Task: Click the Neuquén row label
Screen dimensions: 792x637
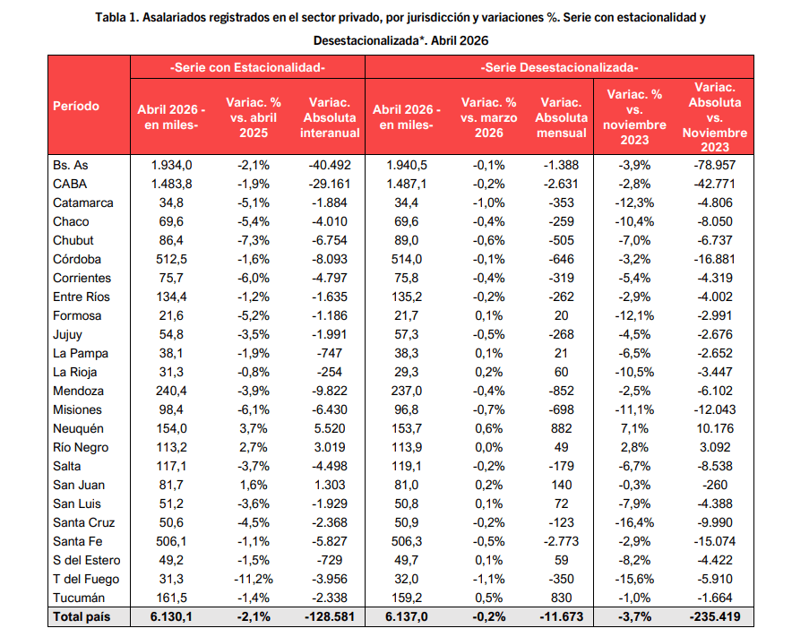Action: (78, 429)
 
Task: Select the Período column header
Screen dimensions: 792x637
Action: (76, 106)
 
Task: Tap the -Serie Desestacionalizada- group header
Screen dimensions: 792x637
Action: (559, 67)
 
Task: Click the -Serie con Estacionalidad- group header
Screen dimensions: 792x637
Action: (247, 67)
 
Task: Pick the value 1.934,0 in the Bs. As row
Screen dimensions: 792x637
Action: (172, 165)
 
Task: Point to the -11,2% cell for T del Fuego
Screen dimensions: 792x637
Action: (254, 579)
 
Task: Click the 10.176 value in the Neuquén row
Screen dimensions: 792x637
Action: (715, 428)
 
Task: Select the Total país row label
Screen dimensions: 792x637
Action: (82, 616)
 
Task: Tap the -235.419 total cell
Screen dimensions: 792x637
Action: (715, 616)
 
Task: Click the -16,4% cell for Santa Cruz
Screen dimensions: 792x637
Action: (634, 522)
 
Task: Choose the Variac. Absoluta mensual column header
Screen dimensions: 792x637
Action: (561, 117)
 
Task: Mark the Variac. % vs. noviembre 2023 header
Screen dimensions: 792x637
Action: (634, 117)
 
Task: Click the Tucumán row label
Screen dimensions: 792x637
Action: (79, 598)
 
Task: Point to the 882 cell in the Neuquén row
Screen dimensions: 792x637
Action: (561, 428)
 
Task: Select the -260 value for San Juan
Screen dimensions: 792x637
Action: (715, 485)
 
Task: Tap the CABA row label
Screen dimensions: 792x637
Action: (70, 184)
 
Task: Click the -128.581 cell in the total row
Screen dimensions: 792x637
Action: (330, 616)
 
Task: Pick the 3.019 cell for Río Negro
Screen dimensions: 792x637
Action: (330, 447)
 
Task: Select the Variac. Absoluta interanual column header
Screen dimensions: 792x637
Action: (330, 117)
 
